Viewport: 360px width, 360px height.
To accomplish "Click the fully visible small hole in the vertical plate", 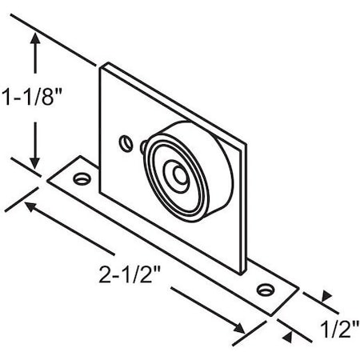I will click(124, 143).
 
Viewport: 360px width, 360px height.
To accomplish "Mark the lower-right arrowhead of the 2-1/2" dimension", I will click(241, 327).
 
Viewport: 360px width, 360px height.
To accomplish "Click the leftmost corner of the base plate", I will click(47, 180).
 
